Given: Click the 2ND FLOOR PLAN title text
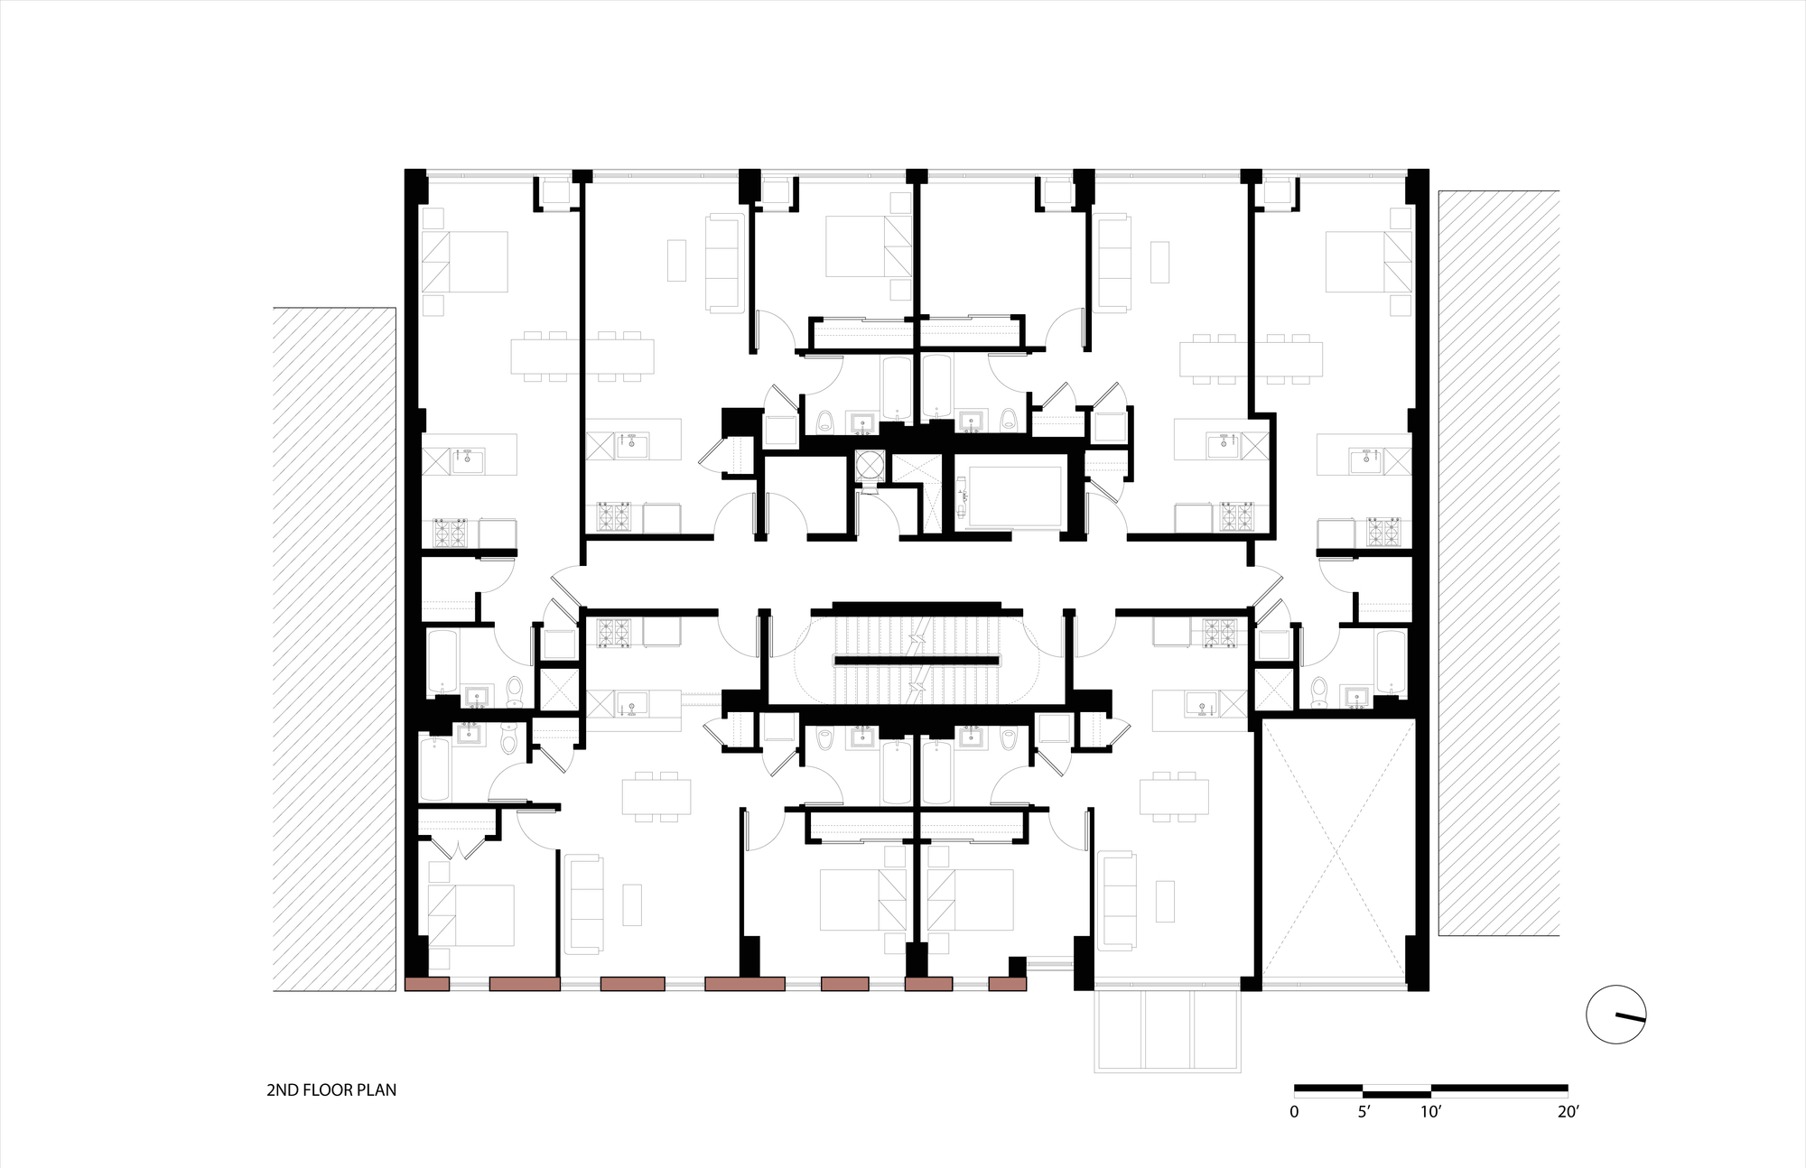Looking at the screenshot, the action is point(331,1089).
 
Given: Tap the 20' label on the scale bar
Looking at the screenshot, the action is point(1568,1112).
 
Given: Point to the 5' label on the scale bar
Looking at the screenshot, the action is point(1364,1112).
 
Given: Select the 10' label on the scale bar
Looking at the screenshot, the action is point(1431,1112).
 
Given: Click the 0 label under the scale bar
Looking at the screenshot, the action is point(1294,1112).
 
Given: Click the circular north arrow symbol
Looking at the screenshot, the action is point(1616,1015).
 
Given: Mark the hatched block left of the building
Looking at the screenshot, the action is point(334,649).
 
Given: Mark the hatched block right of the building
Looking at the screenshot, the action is point(1499,563).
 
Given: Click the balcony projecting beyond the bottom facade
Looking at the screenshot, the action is point(1167,1031).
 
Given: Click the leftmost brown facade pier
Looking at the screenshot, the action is point(427,985).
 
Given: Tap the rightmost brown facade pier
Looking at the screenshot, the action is point(1008,985).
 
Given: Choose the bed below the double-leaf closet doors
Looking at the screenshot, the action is point(470,915).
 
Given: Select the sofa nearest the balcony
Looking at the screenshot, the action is point(1118,900).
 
